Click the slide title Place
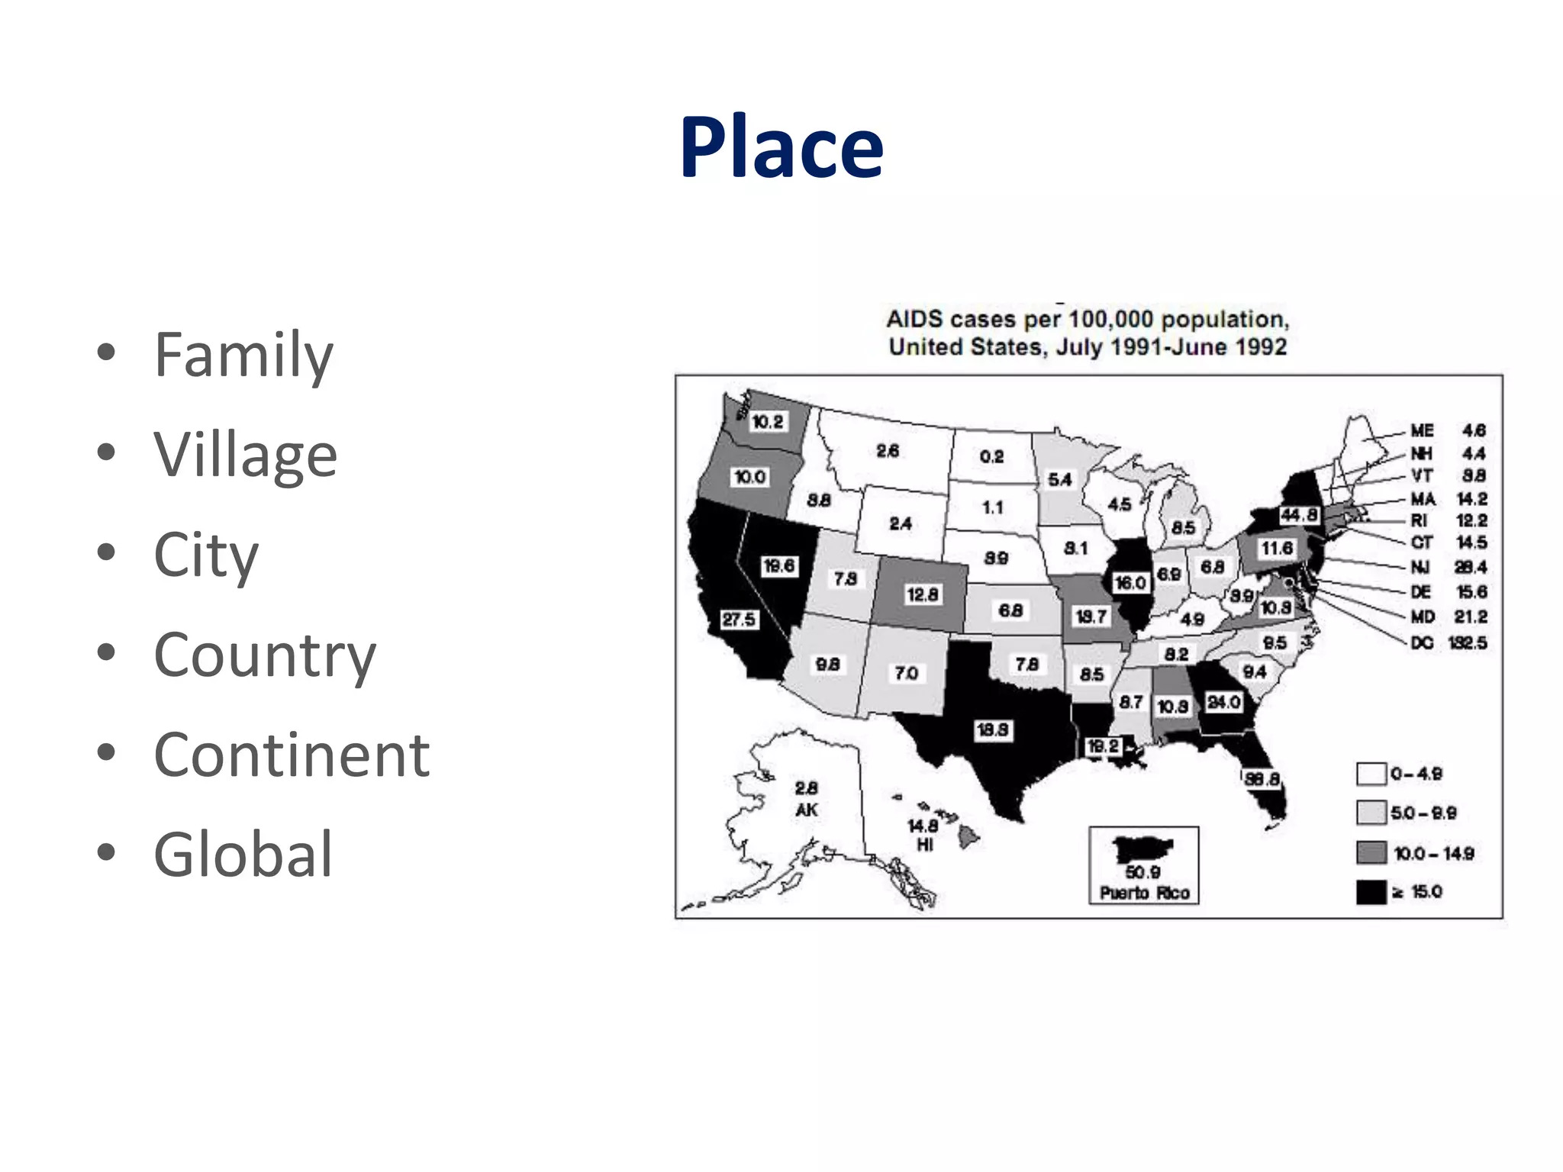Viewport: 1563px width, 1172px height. (781, 146)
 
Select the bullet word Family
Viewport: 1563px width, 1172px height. (243, 355)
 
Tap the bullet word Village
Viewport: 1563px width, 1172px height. (245, 455)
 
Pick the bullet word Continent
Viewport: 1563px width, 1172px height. (292, 755)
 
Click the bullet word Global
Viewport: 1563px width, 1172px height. (243, 855)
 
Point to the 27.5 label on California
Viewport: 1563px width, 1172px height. (739, 620)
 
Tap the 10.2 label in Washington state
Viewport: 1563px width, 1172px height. (767, 422)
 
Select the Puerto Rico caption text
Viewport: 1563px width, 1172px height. (1144, 893)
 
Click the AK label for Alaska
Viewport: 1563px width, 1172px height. (806, 810)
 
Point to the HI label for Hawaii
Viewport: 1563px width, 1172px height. (924, 845)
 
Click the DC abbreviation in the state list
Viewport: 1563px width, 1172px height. (1422, 643)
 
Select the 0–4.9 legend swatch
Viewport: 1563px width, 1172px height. (1371, 774)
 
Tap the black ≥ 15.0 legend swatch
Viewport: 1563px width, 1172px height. (1371, 892)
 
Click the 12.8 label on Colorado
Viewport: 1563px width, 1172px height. (922, 594)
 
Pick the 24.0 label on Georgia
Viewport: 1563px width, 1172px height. (1223, 702)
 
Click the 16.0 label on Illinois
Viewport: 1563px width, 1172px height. (1130, 583)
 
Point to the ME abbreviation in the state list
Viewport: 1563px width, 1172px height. (1422, 431)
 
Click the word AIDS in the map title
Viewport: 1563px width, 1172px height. (914, 319)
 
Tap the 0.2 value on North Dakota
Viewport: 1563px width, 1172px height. (991, 456)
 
